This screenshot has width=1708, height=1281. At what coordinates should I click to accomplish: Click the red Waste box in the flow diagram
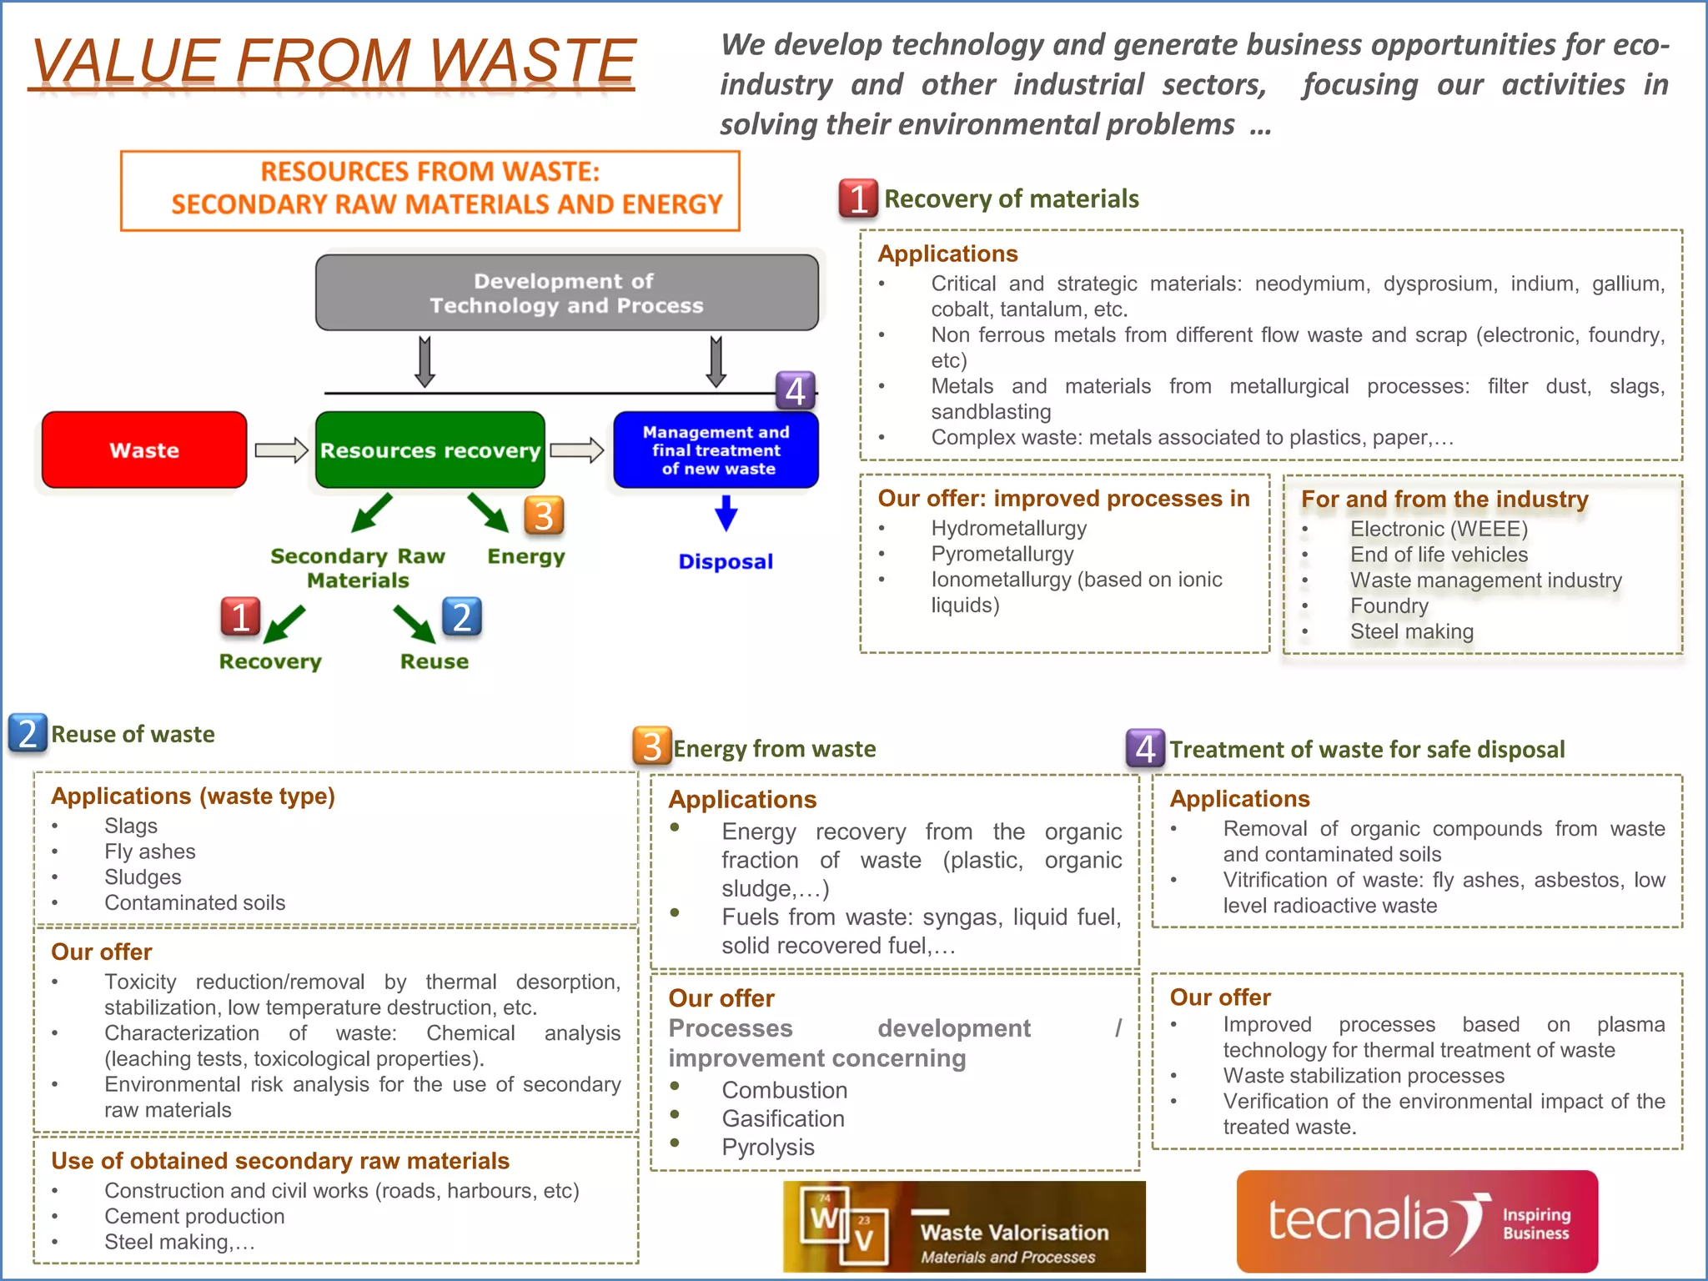tap(144, 450)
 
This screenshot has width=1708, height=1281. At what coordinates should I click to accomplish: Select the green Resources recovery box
tap(430, 450)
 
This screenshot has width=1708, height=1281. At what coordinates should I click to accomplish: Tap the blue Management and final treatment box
tap(716, 450)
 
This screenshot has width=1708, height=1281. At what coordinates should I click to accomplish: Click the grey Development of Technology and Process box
tap(566, 293)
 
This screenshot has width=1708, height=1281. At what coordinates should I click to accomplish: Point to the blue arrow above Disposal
tap(726, 513)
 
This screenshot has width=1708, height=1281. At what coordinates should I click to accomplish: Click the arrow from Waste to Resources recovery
tap(281, 450)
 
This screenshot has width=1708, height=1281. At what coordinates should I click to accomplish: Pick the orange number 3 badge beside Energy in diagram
tap(544, 516)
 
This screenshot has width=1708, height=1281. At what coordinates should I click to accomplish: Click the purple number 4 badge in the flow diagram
tap(795, 390)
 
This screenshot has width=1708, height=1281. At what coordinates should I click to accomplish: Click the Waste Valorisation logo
tap(963, 1227)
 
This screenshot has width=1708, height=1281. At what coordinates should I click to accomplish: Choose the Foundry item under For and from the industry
tap(1389, 605)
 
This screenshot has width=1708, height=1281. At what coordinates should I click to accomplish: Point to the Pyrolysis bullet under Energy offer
tap(767, 1147)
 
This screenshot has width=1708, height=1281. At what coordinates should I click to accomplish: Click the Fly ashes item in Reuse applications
tap(149, 851)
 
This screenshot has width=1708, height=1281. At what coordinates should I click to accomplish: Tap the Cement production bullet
tap(194, 1216)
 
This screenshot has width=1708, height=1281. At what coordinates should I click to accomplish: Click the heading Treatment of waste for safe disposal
tap(1366, 749)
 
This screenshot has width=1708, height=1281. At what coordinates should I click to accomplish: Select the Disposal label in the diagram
tap(726, 561)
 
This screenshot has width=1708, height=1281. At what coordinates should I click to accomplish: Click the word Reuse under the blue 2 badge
tap(434, 661)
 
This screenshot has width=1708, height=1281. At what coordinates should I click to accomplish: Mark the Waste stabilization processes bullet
tap(1364, 1075)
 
